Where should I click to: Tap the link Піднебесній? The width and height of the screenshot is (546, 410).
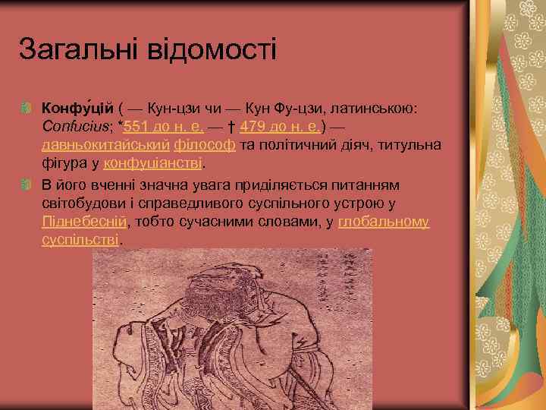84,222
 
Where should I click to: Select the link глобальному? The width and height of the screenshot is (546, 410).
384,222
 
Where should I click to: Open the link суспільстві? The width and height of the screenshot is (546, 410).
80,239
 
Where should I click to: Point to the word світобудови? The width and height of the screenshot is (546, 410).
86,203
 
